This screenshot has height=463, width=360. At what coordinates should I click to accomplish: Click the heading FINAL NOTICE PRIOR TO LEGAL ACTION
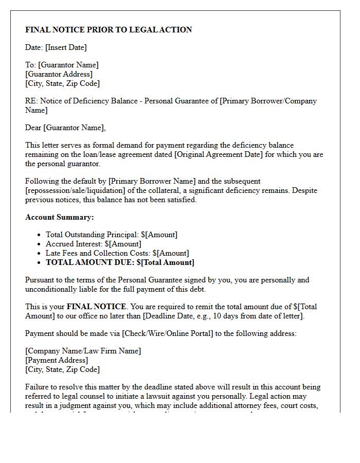click(109, 30)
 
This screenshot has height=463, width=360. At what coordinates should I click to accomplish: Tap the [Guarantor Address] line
click(59, 74)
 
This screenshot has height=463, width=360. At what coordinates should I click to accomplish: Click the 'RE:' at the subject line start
click(31, 101)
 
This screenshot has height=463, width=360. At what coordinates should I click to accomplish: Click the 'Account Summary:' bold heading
click(60, 217)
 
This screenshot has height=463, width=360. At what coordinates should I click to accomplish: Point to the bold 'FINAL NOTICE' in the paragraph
click(96, 307)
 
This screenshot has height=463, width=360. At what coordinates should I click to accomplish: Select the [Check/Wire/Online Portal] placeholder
click(167, 333)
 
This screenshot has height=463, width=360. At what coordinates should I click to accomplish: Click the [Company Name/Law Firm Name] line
click(83, 351)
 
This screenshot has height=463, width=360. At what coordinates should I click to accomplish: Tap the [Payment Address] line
click(57, 360)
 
